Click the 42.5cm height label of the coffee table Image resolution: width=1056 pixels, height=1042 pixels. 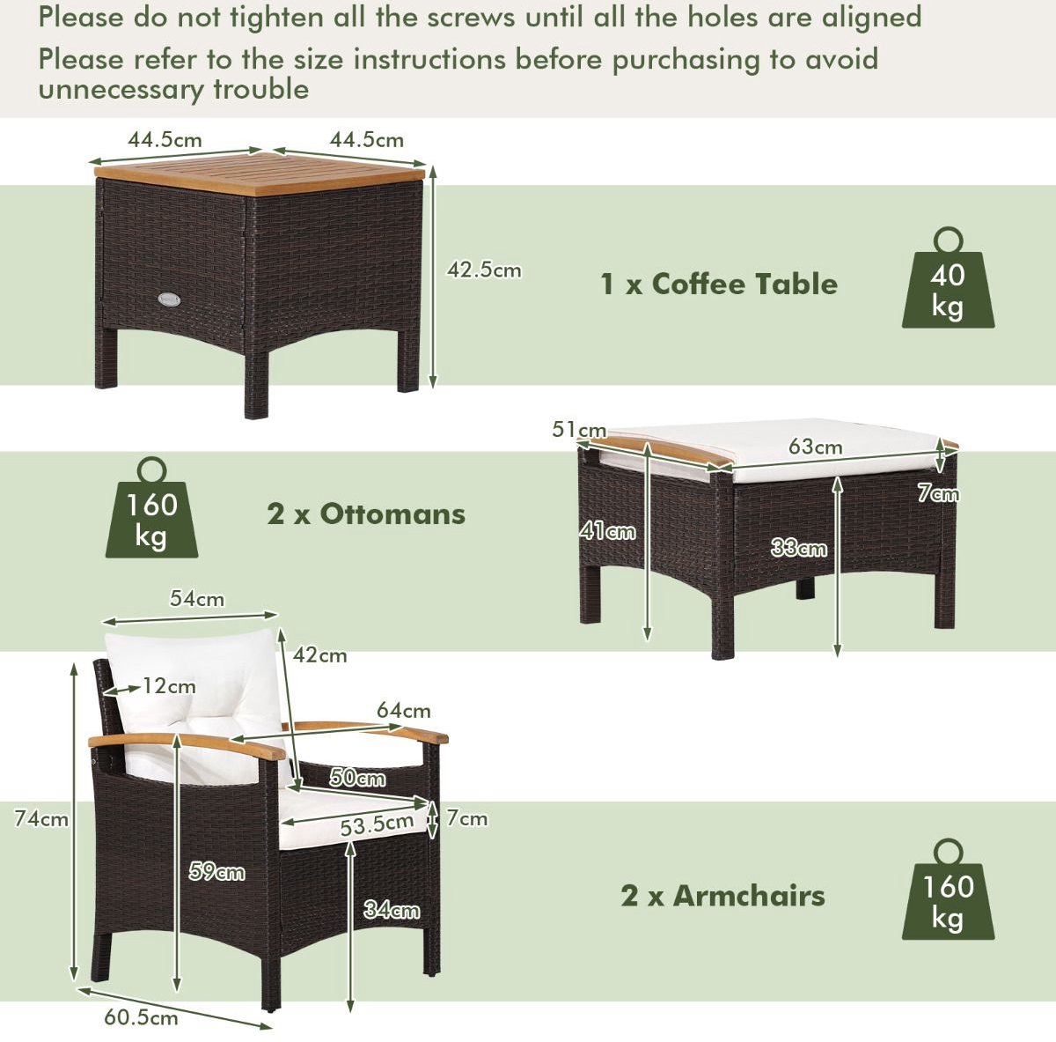click(484, 270)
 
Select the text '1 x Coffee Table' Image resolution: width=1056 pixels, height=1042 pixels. click(719, 285)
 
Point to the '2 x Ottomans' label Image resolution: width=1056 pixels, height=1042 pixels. click(366, 514)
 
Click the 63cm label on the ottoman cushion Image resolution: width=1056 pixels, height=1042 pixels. click(816, 447)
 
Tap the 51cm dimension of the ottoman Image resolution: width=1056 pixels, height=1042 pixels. click(579, 430)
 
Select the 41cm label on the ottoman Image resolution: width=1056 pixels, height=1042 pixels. click(608, 531)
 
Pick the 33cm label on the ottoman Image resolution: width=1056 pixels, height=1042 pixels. click(798, 548)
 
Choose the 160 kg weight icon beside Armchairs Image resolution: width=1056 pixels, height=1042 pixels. click(948, 896)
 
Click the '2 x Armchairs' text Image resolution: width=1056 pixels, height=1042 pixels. click(722, 896)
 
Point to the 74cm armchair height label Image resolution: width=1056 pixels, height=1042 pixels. click(41, 818)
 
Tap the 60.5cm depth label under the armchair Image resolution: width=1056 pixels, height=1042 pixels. click(141, 1018)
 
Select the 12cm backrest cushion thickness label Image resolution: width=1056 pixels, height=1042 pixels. click(169, 686)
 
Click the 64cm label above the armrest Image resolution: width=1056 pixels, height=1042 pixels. click(403, 711)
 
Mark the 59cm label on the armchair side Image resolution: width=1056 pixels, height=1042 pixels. click(217, 871)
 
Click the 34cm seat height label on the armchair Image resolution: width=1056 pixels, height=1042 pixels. click(392, 910)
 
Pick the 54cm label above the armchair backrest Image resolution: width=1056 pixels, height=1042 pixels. click(197, 598)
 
